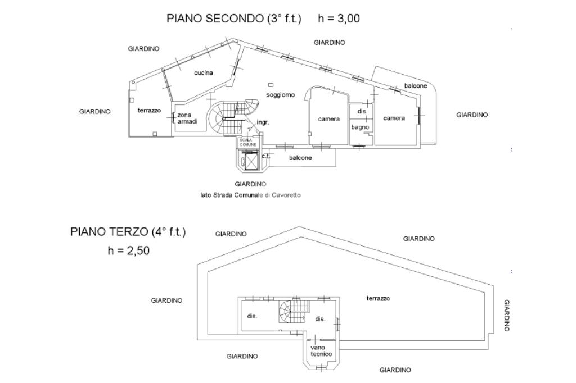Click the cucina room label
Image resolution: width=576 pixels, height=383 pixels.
tap(204, 72)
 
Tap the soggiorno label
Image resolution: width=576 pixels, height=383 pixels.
tap(281, 95)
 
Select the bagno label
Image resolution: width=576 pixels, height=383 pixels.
tap(360, 127)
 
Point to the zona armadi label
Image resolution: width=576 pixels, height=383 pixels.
tap(187, 118)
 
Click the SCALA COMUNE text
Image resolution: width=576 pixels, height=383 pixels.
tap(248, 142)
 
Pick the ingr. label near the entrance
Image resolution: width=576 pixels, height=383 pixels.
tap(263, 122)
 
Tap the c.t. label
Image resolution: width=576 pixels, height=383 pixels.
tap(265, 156)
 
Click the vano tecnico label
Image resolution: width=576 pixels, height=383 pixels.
tap(321, 351)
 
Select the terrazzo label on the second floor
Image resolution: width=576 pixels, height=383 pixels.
tap(149, 110)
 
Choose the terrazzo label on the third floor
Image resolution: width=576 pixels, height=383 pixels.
tap(378, 298)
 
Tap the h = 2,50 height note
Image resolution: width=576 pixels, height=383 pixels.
tap(129, 250)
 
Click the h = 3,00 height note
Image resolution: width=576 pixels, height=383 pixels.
tap(339, 19)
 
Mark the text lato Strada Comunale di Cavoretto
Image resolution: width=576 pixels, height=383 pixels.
tap(250, 195)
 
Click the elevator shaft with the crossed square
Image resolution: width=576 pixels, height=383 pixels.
tap(251, 161)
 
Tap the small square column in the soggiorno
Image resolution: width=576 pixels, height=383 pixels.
tap(271, 85)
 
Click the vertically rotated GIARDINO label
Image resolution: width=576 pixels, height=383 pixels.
tap(507, 316)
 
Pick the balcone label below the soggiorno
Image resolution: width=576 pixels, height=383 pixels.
tap(300, 158)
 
